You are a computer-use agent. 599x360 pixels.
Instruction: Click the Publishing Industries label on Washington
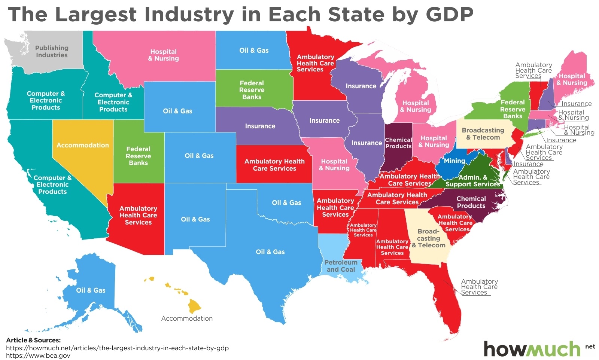click(52, 52)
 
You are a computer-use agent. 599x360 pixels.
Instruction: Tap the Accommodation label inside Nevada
click(83, 145)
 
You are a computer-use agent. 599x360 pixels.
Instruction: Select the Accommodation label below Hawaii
click(187, 318)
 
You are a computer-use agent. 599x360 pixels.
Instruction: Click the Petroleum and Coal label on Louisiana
click(341, 266)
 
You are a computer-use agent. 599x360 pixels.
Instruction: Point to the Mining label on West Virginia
click(454, 161)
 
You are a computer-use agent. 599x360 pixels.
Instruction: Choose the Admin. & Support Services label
click(472, 181)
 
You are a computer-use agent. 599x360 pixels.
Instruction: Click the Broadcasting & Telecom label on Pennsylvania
click(483, 134)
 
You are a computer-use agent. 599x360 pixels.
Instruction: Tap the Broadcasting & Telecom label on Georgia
click(429, 238)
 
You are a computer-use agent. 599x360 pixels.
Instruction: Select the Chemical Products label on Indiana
click(398, 143)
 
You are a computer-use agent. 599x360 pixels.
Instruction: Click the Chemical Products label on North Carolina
click(471, 202)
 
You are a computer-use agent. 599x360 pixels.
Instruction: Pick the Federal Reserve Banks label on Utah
click(138, 156)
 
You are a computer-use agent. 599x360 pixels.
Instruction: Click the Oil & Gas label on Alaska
click(91, 290)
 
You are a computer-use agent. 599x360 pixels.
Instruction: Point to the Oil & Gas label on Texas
click(270, 252)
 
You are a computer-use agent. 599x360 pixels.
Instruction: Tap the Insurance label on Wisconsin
click(361, 86)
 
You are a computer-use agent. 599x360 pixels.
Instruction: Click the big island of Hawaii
click(195, 306)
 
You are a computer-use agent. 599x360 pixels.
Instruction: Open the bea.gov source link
click(38, 356)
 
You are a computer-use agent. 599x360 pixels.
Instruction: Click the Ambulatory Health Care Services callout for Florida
click(479, 287)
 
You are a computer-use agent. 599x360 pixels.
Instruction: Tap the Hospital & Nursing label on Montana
click(163, 55)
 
